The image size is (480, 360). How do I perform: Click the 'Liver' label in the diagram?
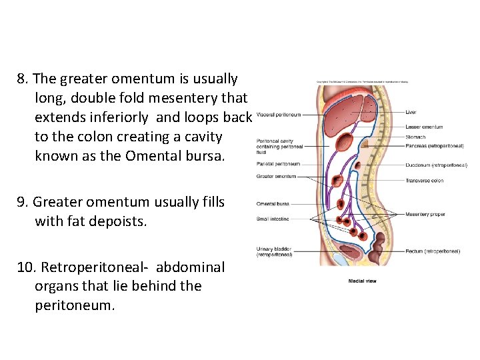(411, 112)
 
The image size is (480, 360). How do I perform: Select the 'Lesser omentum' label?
(423, 127)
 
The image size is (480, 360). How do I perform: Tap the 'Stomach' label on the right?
(415, 137)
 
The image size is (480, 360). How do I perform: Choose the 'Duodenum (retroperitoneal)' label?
(436, 165)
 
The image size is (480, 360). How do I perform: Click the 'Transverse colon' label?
(424, 180)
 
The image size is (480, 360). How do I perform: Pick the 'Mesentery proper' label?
(425, 215)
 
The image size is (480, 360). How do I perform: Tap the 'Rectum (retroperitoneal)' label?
(432, 251)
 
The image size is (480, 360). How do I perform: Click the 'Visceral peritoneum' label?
(278, 114)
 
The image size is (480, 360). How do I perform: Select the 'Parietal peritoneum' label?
(278, 164)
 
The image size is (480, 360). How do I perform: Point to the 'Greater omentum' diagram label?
(276, 177)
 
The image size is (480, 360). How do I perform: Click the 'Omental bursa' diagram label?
(273, 204)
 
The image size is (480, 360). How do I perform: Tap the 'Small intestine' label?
(273, 219)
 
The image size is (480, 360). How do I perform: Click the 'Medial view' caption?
(362, 281)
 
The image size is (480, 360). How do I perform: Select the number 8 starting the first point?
(21, 79)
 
